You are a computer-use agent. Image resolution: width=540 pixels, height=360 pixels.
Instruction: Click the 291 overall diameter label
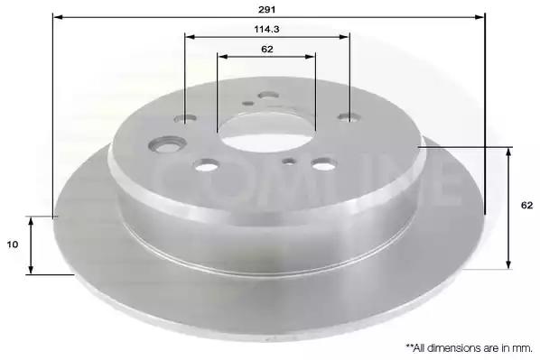point(267,10)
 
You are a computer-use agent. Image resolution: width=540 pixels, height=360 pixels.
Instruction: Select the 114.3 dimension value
point(267,30)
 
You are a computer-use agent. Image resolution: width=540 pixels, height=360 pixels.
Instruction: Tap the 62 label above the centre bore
point(267,50)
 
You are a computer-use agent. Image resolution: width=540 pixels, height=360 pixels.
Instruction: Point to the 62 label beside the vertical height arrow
point(527,206)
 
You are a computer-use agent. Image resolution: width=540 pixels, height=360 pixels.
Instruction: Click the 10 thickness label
point(13,245)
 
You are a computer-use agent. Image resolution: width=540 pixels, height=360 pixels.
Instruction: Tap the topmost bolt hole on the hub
point(268,95)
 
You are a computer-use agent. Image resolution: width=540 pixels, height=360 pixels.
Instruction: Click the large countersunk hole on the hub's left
point(167,143)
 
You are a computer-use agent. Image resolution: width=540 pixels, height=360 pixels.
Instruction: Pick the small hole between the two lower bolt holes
point(289,162)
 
